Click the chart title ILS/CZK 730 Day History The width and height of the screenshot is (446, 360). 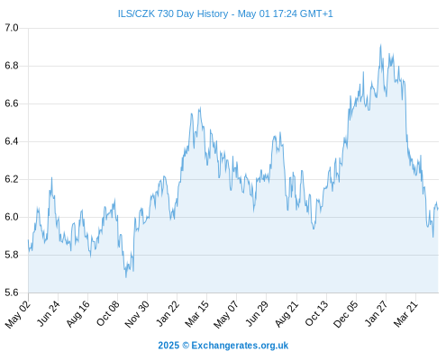[x=173, y=13]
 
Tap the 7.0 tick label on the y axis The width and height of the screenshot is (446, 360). [x=12, y=28]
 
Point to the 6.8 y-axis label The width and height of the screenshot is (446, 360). [x=12, y=66]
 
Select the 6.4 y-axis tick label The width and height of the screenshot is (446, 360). [x=12, y=141]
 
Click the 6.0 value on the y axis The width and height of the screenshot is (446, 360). [x=12, y=217]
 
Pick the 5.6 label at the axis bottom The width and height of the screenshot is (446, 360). [x=12, y=292]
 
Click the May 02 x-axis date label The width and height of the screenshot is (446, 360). [x=18, y=314]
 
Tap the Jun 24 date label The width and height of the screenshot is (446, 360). [x=49, y=313]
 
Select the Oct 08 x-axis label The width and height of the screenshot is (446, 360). [x=108, y=313]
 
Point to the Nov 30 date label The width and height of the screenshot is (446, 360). [x=137, y=314]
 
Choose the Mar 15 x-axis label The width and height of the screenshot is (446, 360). [x=196, y=313]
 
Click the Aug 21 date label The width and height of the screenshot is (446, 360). [x=287, y=313]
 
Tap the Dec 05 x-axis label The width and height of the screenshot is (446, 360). [x=346, y=314]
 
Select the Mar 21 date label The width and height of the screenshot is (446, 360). [x=405, y=313]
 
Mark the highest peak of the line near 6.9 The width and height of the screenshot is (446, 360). [x=380, y=45]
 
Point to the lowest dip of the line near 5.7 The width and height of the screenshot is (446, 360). [x=126, y=277]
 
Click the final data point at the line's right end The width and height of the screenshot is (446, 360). [x=438, y=209]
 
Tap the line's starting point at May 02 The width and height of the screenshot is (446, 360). [x=28, y=240]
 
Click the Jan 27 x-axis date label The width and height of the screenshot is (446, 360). [x=377, y=313]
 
